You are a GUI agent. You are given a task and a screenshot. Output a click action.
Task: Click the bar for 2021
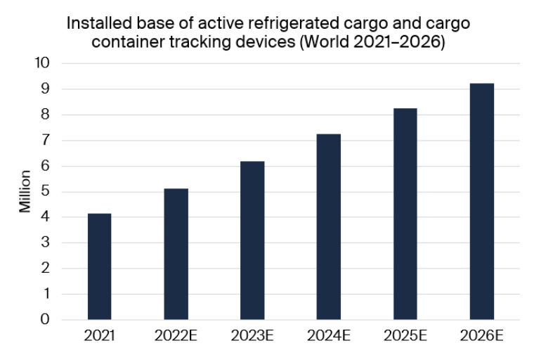(99, 266)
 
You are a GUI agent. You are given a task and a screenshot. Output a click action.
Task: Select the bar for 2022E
(176, 254)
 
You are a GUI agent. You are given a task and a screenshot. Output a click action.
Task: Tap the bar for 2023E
(252, 240)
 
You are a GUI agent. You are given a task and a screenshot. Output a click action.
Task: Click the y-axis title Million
(25, 191)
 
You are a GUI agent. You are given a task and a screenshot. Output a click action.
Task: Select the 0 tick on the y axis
(45, 320)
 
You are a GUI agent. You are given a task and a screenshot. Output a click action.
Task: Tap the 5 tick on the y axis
(45, 192)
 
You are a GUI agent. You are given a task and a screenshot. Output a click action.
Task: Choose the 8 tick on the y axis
(45, 115)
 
